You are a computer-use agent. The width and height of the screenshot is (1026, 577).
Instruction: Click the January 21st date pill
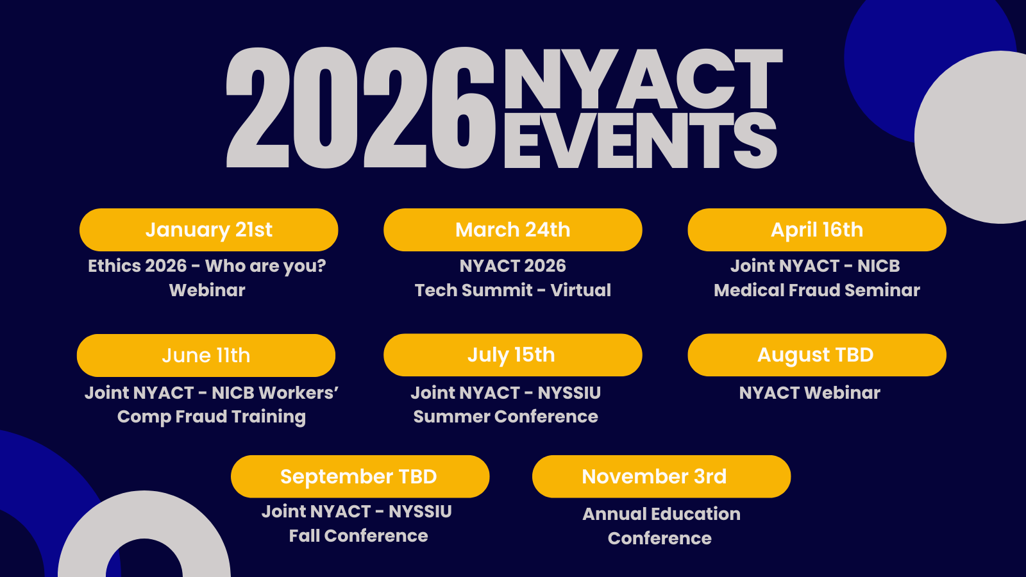[x=209, y=230]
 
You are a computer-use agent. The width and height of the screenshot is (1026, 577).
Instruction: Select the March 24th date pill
[x=512, y=230]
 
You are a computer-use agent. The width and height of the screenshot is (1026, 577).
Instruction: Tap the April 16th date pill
[x=817, y=230]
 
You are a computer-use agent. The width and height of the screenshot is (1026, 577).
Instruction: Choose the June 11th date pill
[x=206, y=355]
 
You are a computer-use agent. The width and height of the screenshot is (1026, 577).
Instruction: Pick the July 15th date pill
[x=512, y=355]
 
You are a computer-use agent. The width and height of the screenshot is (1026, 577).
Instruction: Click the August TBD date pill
[x=817, y=355]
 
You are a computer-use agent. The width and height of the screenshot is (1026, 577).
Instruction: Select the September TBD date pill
[x=360, y=476]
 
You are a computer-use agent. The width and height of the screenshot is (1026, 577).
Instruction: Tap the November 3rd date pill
[x=661, y=476]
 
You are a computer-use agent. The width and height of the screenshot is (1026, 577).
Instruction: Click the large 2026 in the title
[x=361, y=108]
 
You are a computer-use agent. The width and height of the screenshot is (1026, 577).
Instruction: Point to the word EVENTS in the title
[x=641, y=141]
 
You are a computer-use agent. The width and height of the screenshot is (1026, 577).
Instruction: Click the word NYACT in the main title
[x=643, y=79]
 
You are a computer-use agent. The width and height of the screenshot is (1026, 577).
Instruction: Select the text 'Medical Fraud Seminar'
[x=817, y=290]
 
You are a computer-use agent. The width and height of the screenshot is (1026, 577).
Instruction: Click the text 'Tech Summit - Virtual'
[x=512, y=290]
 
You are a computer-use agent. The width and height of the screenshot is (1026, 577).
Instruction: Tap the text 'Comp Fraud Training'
[x=211, y=417]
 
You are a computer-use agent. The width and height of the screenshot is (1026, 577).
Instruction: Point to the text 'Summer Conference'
[x=506, y=417]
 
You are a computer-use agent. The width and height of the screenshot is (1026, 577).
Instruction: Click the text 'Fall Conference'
[x=358, y=536]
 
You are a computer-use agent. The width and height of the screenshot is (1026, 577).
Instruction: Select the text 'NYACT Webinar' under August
[x=809, y=393]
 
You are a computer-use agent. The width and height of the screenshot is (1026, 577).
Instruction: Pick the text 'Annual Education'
[x=661, y=514]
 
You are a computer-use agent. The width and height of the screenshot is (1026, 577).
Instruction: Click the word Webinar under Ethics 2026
[x=207, y=290]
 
